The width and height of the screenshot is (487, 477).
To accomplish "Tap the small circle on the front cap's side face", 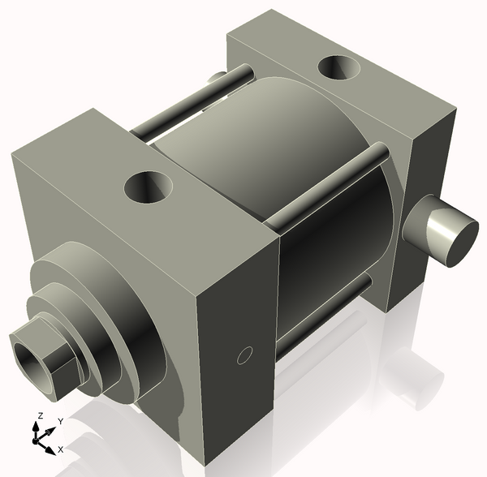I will (243, 355).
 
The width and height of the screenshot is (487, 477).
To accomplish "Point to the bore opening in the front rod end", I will (29, 358).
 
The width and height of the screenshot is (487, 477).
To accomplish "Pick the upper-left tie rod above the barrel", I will (179, 110).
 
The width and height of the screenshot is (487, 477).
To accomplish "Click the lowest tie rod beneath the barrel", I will (325, 312).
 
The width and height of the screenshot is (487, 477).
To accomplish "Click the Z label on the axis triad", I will (38, 415).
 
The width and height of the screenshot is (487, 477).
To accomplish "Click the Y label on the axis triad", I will (59, 421).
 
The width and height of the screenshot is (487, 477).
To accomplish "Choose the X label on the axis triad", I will (60, 449).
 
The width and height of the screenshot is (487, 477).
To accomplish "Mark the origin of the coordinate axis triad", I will (37, 439).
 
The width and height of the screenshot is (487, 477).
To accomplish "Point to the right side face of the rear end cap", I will (426, 187).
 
